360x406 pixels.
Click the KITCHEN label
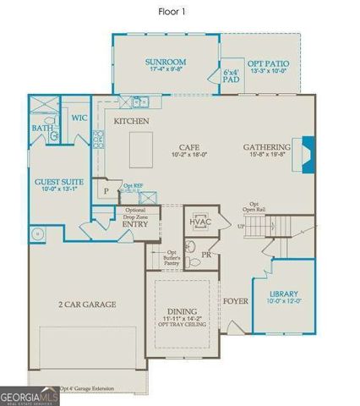(132, 122)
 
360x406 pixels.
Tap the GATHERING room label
(265, 146)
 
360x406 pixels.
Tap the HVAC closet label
(200, 222)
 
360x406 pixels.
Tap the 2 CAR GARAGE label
(86, 304)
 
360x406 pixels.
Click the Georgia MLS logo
(29, 394)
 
